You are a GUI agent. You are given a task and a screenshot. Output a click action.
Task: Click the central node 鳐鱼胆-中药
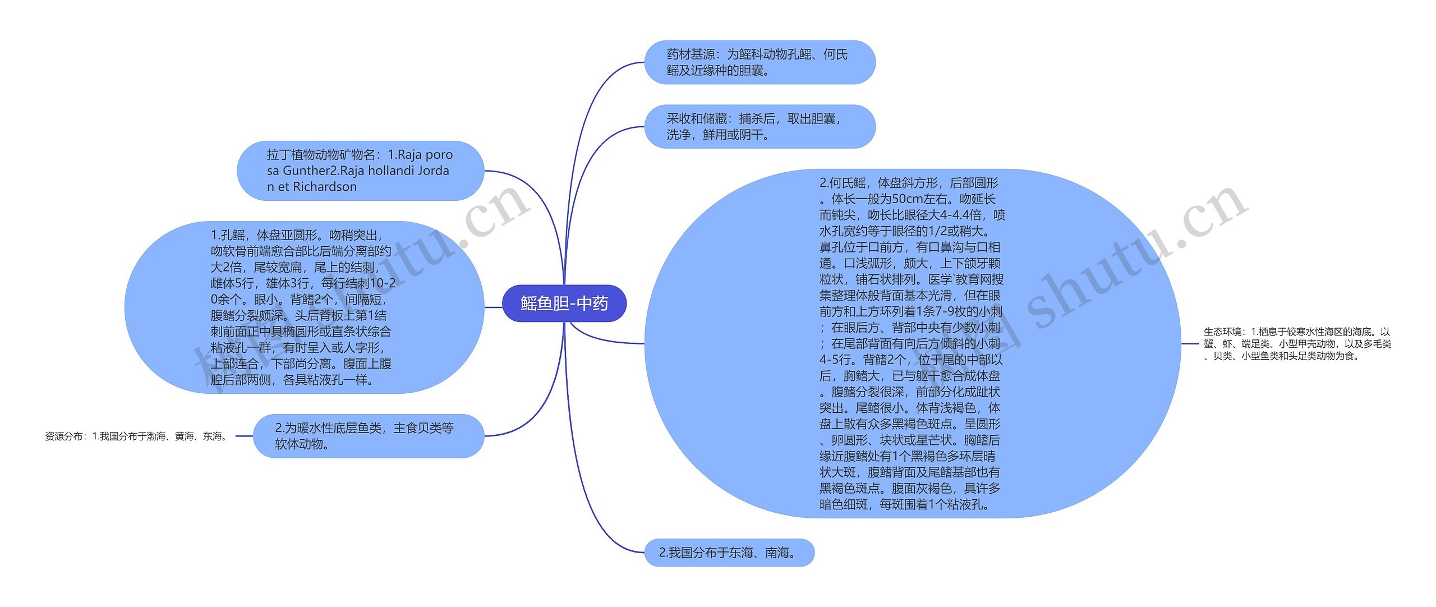pos(564,303)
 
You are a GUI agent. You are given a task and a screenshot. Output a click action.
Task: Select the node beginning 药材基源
pos(760,62)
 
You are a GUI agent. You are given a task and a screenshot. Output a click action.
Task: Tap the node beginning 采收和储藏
pos(760,126)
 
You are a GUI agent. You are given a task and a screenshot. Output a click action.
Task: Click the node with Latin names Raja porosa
pos(360,171)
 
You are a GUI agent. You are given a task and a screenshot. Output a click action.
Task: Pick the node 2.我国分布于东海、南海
pos(729,553)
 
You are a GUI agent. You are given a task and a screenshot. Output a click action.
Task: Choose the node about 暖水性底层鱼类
pos(369,436)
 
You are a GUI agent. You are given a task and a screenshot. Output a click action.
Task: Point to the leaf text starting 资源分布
pos(136,436)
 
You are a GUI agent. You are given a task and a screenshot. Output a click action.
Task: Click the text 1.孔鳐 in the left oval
pos(228,235)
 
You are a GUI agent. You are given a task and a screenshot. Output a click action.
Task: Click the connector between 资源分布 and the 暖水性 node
pos(244,436)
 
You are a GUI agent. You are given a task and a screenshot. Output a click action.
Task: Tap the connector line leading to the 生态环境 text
pos(1190,343)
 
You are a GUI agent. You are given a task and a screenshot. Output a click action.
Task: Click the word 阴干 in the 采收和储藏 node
pos(751,135)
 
